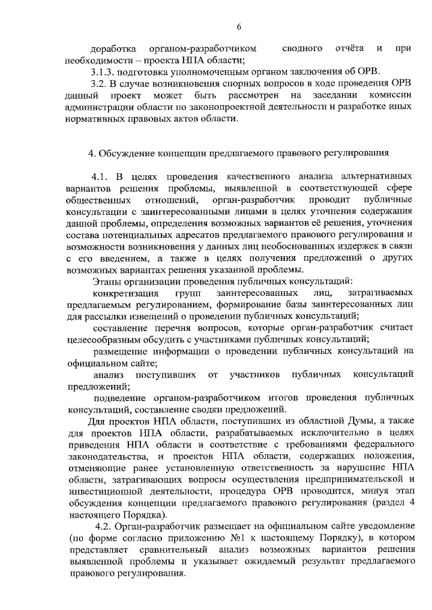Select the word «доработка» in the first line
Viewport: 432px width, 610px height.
coord(113,49)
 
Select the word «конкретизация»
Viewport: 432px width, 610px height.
coord(126,294)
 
